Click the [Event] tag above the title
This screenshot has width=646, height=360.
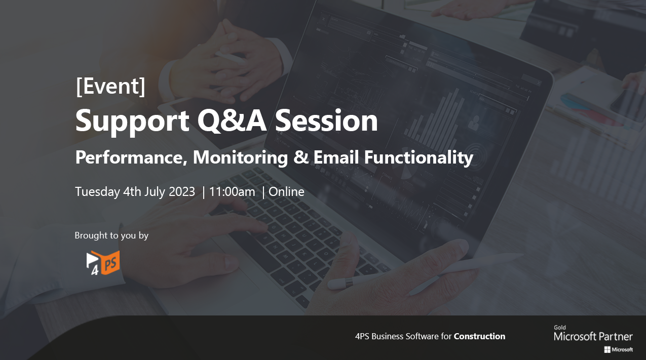pos(110,86)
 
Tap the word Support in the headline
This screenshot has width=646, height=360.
pos(132,121)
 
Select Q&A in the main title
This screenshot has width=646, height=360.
pos(232,120)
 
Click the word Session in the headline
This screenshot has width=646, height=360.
pos(326,121)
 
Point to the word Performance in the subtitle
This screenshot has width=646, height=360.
pos(131,157)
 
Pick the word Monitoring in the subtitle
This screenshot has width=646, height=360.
pos(240,158)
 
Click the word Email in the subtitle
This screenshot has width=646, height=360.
pos(336,157)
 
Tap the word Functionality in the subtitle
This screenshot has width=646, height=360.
pos(419,158)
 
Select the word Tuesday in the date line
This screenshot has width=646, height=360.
pos(97,192)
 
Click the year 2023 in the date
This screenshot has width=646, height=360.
pos(182,192)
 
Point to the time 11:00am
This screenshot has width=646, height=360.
pos(232,192)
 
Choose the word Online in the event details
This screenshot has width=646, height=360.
pos(286,192)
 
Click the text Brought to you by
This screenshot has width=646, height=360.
pos(111,235)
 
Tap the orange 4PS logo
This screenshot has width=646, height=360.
pos(103,263)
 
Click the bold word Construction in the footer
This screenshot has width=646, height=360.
pos(479,336)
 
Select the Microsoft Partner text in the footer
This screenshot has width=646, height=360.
pos(593,337)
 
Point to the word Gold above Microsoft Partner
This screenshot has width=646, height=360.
pos(560,328)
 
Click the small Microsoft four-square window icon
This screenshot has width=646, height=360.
pos(607,350)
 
